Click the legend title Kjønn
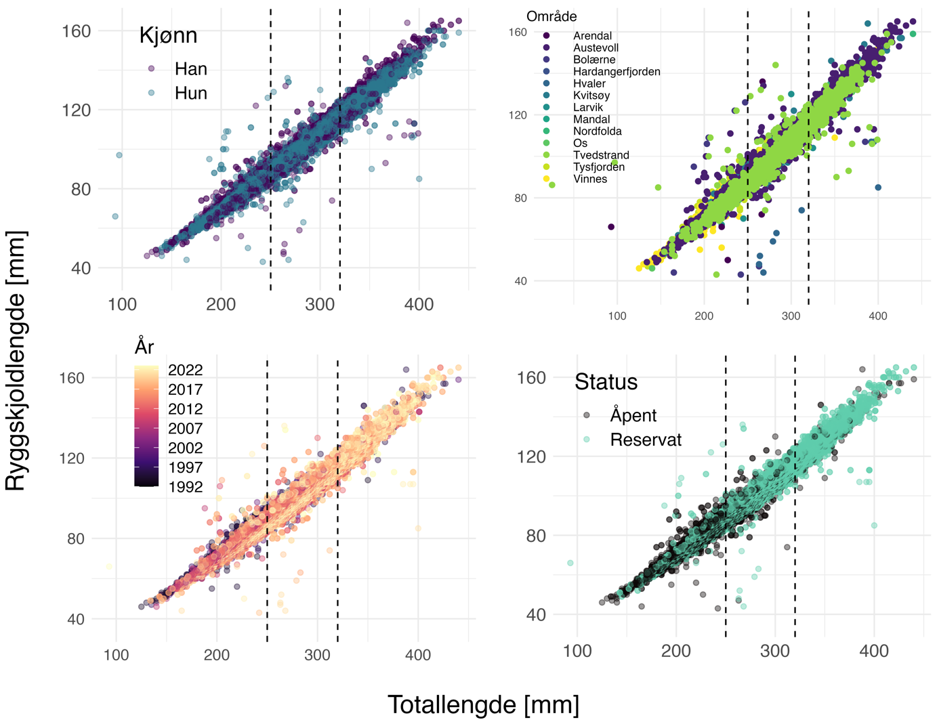(168, 35)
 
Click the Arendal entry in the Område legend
(592, 36)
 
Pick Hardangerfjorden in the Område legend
(617, 72)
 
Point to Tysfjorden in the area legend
(599, 167)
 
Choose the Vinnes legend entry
(590, 179)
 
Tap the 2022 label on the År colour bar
(185, 370)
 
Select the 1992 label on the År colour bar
(185, 487)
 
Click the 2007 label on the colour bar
(185, 429)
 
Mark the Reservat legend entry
(646, 440)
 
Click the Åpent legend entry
(633, 416)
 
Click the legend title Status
(606, 382)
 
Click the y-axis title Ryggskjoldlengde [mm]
(16, 360)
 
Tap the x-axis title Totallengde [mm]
(483, 705)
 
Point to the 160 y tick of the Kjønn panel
(77, 31)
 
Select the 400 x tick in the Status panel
(874, 652)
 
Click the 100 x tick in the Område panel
(617, 316)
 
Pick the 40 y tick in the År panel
(75, 619)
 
